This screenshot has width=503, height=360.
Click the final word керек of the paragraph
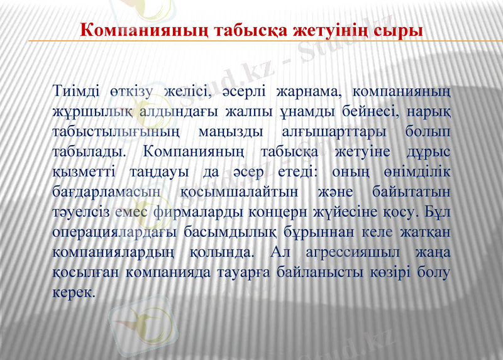[74, 292]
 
